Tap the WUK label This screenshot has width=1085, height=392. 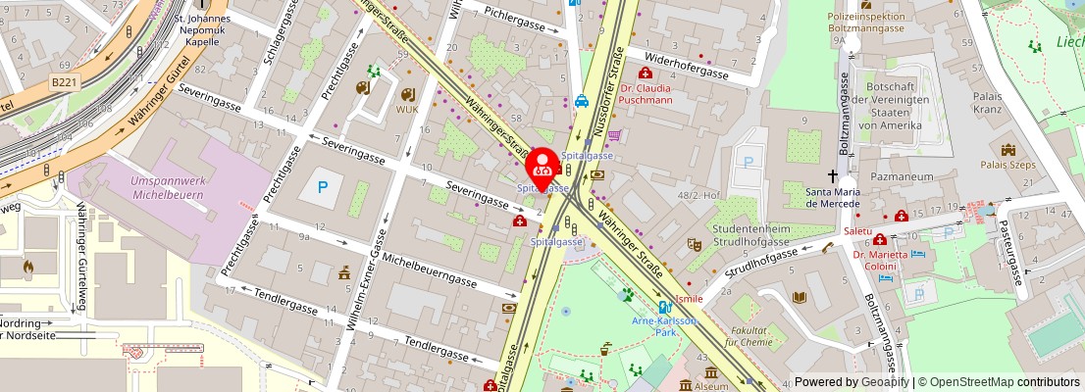[x=407, y=109]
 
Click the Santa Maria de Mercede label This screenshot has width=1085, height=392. [x=833, y=197]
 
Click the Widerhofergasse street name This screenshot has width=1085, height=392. [x=693, y=64]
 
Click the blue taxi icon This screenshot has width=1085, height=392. [x=582, y=100]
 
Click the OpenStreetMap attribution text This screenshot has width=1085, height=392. [x=999, y=382]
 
